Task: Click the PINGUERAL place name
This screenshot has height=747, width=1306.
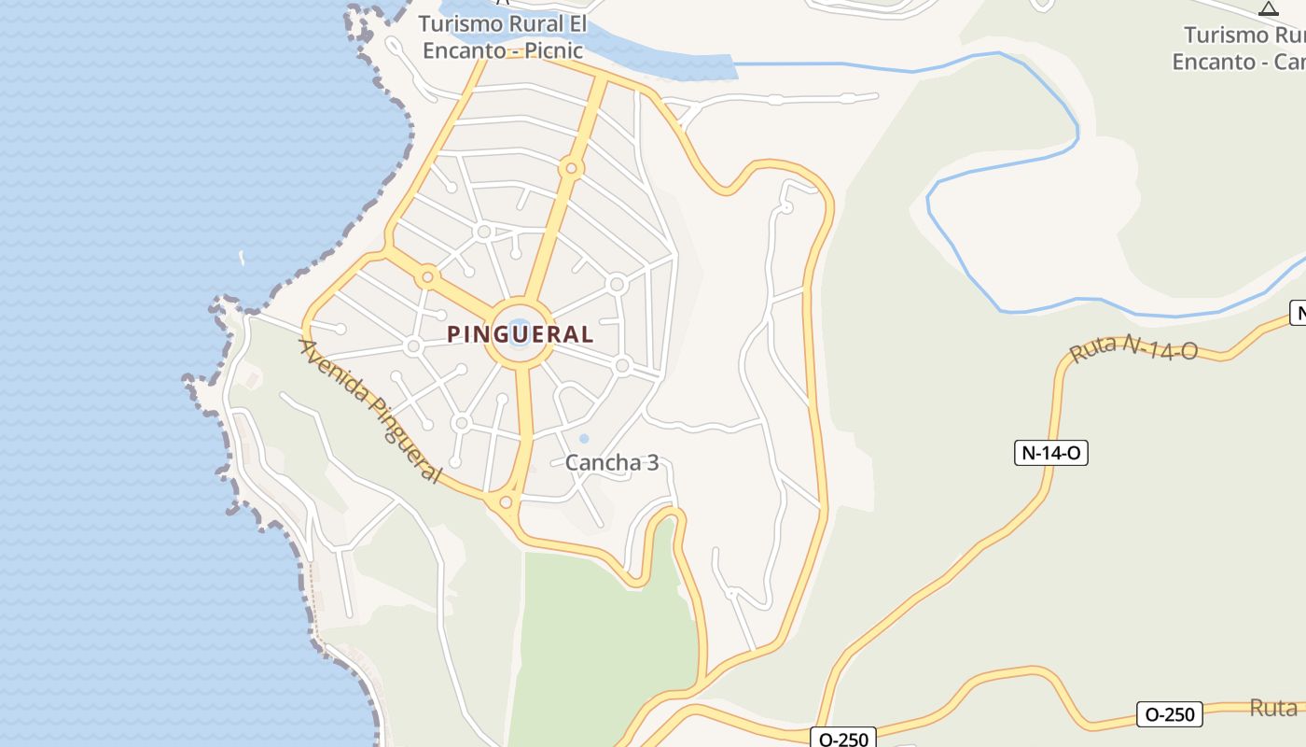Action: click(x=520, y=333)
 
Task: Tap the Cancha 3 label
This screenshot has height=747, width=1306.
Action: click(x=612, y=462)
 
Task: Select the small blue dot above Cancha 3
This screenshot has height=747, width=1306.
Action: click(x=584, y=439)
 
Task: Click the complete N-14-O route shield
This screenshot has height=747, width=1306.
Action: click(x=1051, y=453)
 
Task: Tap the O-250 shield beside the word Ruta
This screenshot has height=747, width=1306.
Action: click(x=1170, y=714)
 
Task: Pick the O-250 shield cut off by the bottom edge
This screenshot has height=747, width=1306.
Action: click(x=843, y=738)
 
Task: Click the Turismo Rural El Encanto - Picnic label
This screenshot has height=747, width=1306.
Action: click(x=503, y=37)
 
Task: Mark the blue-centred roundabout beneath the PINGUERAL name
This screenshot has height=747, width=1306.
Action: click(x=519, y=333)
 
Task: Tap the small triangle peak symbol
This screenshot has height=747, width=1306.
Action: click(x=1268, y=9)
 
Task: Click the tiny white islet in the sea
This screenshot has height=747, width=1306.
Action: click(x=242, y=257)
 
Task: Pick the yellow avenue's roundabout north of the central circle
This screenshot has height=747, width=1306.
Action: click(x=571, y=169)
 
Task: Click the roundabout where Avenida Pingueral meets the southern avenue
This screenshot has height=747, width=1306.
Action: click(x=506, y=503)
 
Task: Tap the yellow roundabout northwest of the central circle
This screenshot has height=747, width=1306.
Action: click(x=427, y=276)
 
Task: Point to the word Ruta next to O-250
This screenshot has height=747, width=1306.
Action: click(x=1273, y=708)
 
